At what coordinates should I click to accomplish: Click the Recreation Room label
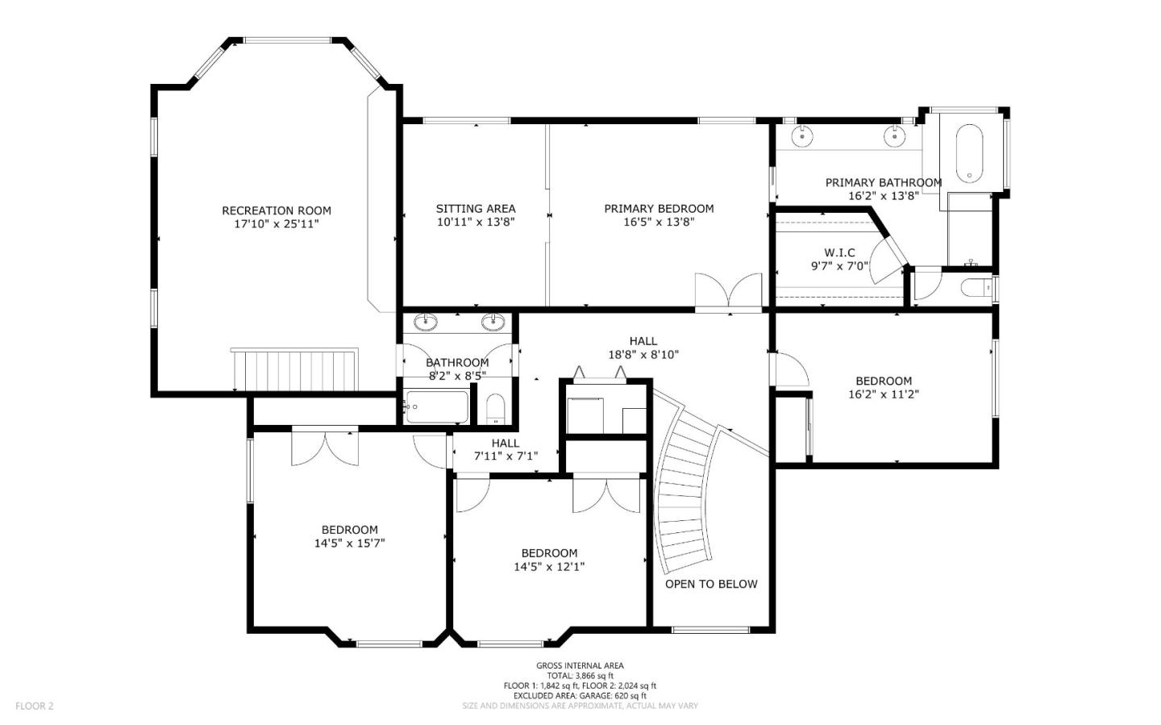277,210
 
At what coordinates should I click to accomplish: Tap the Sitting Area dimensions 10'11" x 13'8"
475,222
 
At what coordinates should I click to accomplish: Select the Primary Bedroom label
659,209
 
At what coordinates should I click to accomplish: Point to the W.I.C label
839,252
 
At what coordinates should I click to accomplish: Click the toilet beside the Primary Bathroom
976,288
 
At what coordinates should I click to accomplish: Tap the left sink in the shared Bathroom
426,323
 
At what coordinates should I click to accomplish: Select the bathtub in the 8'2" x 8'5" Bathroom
436,407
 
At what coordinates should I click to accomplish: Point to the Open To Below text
711,584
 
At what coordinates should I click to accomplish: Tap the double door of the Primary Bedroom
728,291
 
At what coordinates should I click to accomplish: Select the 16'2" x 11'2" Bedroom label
884,381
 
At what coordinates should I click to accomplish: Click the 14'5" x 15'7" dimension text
349,544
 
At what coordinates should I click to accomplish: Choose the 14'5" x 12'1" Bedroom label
549,553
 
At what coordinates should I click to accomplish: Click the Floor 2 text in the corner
35,706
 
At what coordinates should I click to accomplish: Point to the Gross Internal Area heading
580,665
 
